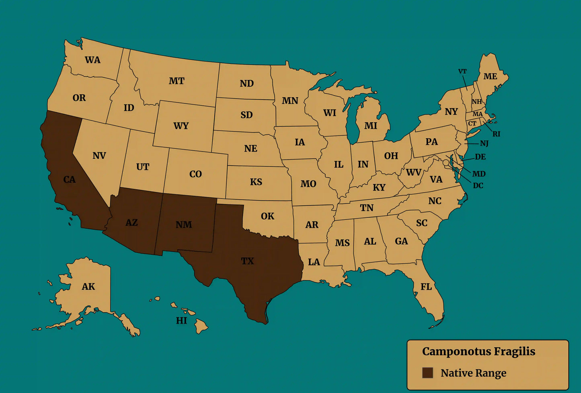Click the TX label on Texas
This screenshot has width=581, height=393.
pyautogui.click(x=247, y=261)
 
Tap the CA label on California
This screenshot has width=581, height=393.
pyautogui.click(x=70, y=180)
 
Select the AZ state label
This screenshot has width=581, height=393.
pyautogui.click(x=131, y=223)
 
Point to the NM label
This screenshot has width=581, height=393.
pyautogui.click(x=184, y=225)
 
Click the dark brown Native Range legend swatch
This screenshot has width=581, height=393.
pyautogui.click(x=427, y=373)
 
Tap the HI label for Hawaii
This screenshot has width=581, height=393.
pyautogui.click(x=181, y=321)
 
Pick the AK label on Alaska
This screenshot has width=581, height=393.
pyautogui.click(x=88, y=287)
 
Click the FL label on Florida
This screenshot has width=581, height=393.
pyautogui.click(x=426, y=287)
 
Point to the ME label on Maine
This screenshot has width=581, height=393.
pyautogui.click(x=490, y=76)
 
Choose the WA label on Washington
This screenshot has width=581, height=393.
pyautogui.click(x=92, y=60)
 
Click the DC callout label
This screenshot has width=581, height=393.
pyautogui.click(x=478, y=186)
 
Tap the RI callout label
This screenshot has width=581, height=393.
pyautogui.click(x=497, y=134)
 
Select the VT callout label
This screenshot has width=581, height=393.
pyautogui.click(x=462, y=72)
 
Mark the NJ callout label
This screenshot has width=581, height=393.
pyautogui.click(x=484, y=143)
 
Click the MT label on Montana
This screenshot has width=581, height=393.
pyautogui.click(x=177, y=81)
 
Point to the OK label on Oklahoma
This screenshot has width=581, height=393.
pyautogui.click(x=267, y=216)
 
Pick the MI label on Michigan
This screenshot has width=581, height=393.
pyautogui.click(x=371, y=126)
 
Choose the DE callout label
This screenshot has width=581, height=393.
pyautogui.click(x=480, y=157)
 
